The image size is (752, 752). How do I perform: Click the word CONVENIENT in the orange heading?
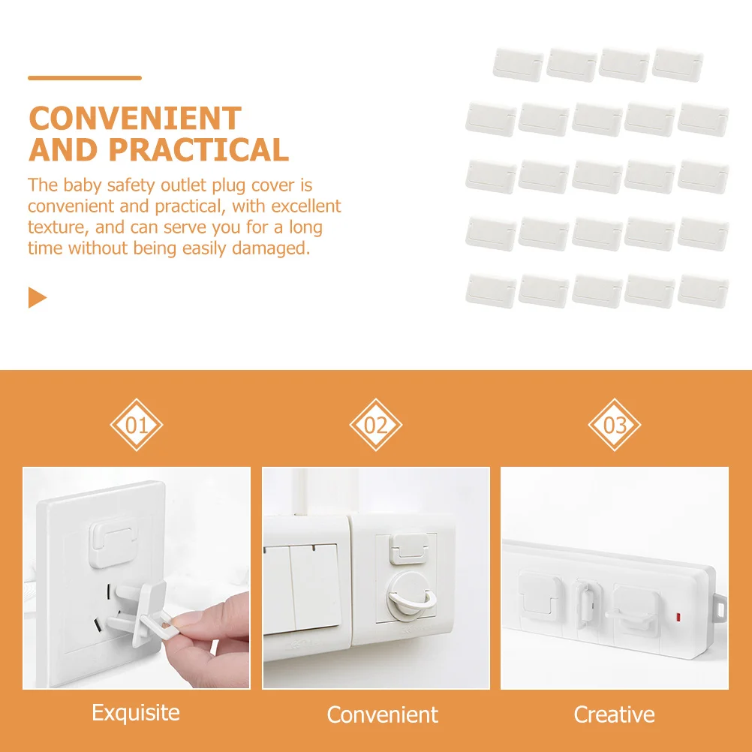(135, 119)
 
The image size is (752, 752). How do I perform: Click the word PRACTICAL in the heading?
(199, 150)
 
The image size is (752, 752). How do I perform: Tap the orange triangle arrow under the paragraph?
(37, 298)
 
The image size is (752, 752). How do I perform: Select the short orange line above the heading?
(85, 77)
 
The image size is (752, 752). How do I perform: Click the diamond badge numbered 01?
(137, 426)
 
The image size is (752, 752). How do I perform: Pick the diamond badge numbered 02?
(376, 426)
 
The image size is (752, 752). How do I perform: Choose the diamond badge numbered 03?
(615, 426)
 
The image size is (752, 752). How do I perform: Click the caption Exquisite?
(136, 712)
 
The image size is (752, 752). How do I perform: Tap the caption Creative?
(615, 714)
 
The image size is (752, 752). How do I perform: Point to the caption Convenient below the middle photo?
(383, 714)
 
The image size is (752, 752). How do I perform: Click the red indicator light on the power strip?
(678, 618)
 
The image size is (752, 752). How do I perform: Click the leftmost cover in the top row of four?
(518, 64)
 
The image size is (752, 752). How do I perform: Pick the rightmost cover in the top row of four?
(677, 64)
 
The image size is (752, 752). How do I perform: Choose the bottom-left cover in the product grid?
(491, 290)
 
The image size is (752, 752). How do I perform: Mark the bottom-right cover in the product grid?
(703, 290)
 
